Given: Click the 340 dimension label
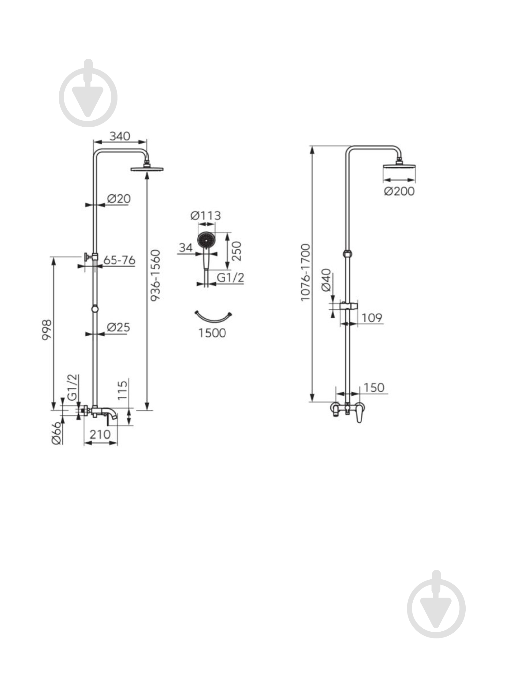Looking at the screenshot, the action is pyautogui.click(x=120, y=136).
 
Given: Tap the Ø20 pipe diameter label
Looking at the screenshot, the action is pyautogui.click(x=119, y=199).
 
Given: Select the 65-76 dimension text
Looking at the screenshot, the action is pyautogui.click(x=119, y=260).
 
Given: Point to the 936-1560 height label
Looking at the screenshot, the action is pyautogui.click(x=155, y=275).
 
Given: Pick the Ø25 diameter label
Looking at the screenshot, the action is pyautogui.click(x=118, y=327).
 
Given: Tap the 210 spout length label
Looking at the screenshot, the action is pyautogui.click(x=100, y=434).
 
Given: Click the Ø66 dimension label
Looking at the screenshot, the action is pyautogui.click(x=56, y=433).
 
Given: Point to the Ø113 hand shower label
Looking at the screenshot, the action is pyautogui.click(x=206, y=216).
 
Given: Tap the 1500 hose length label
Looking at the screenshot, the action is pyautogui.click(x=212, y=333).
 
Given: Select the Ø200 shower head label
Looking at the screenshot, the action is pyautogui.click(x=399, y=191).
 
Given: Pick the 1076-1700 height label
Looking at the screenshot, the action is pyautogui.click(x=305, y=273).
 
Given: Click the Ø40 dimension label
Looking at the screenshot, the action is pyautogui.click(x=326, y=280).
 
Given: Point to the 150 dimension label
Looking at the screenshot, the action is pyautogui.click(x=374, y=388).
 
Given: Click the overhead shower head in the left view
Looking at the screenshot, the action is pyautogui.click(x=147, y=168).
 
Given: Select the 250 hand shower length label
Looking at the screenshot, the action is pyautogui.click(x=236, y=251).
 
